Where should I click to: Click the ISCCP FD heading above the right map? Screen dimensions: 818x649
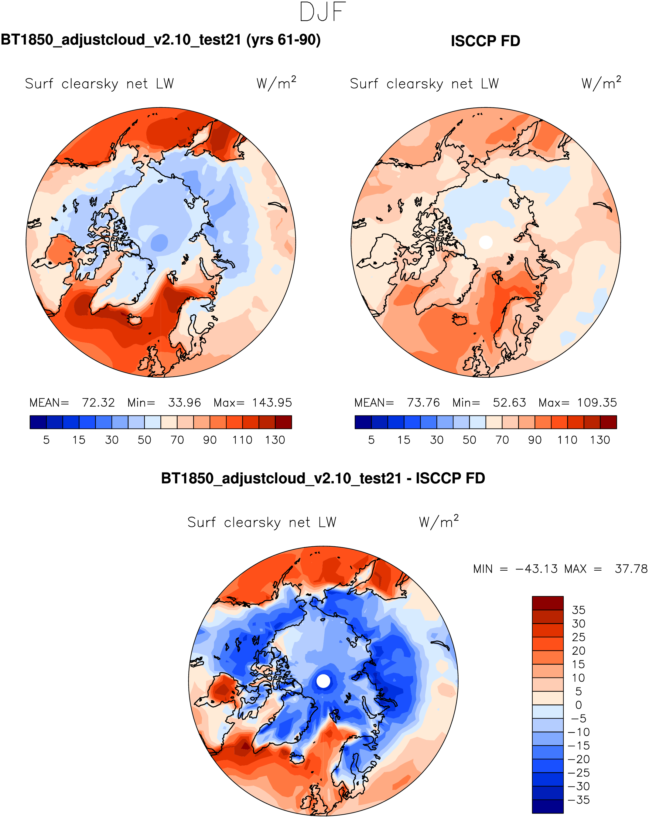[485, 41]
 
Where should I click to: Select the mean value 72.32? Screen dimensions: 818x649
[98, 402]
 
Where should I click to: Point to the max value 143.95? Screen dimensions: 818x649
[272, 402]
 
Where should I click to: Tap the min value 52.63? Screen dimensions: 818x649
[509, 402]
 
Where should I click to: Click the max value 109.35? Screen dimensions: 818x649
[597, 402]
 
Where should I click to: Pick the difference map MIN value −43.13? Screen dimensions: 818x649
[536, 569]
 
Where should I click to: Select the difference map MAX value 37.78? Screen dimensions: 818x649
[631, 569]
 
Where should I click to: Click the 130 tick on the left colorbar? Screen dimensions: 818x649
[275, 440]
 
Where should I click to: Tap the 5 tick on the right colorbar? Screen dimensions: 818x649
[371, 440]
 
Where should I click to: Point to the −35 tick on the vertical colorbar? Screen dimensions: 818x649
[579, 800]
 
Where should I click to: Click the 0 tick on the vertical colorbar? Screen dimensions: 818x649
[579, 705]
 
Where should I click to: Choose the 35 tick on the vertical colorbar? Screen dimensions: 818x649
[579, 610]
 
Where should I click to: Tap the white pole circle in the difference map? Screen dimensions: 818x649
[323, 681]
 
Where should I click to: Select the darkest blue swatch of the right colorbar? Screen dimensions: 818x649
[363, 422]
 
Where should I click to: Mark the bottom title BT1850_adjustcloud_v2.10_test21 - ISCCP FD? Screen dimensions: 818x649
[323, 478]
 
